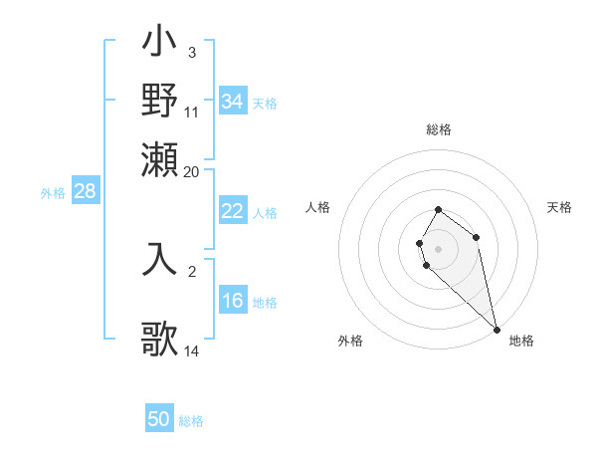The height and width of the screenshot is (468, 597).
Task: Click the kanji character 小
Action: [x=159, y=44]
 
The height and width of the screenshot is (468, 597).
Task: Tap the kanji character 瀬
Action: [x=159, y=158]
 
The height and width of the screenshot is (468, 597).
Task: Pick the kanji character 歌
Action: [x=159, y=339]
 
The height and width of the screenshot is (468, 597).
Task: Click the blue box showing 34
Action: [x=233, y=102]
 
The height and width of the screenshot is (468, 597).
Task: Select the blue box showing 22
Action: [x=232, y=211]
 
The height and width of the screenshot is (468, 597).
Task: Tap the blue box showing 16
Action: [x=232, y=302]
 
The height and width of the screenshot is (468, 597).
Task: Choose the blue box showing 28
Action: [x=85, y=191]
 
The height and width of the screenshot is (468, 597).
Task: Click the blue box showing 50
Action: [x=159, y=419]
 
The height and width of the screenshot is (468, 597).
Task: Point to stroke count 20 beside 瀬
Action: [x=192, y=171]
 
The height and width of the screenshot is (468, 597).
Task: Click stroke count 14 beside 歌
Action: [x=192, y=351]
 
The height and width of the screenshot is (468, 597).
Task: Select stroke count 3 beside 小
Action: [x=191, y=52]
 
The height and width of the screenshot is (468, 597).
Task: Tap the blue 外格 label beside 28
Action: [x=52, y=193]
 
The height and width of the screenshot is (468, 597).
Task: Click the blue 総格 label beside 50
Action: [x=191, y=421]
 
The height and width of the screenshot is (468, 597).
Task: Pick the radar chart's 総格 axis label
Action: [x=439, y=129]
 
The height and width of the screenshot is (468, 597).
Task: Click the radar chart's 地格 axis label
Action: [x=521, y=341]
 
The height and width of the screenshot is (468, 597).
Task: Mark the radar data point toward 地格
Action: [x=496, y=329]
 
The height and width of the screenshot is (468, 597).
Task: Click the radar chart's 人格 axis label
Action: [x=318, y=207]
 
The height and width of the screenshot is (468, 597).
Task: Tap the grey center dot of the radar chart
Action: [x=438, y=248]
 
